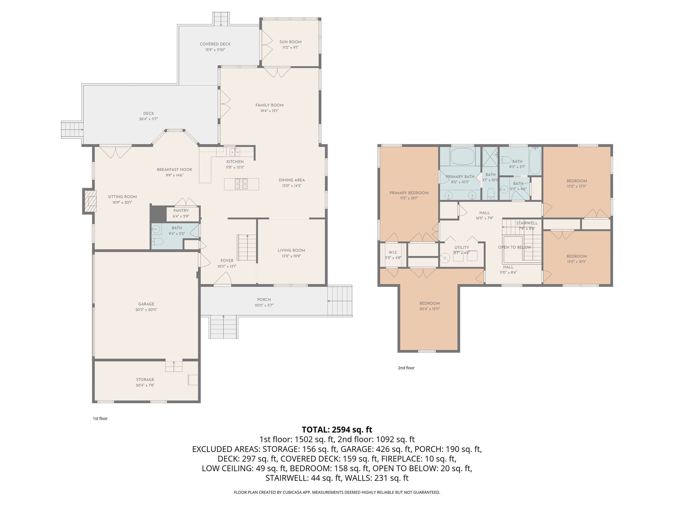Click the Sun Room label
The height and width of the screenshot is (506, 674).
290,42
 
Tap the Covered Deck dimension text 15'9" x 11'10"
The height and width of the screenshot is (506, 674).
215,50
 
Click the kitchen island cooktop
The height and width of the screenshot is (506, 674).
241,184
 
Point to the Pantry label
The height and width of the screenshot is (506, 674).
181,211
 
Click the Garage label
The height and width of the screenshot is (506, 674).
146,304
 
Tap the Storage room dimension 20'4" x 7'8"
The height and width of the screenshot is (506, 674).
145,385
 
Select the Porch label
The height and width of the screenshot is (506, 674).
264,299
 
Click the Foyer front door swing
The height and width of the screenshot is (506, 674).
223,278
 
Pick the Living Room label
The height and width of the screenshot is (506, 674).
291,250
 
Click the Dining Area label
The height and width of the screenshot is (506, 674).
292,180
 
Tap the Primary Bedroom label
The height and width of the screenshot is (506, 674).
409,193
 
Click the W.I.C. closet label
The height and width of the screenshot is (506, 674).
393,252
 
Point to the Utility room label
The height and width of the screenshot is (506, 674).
462,247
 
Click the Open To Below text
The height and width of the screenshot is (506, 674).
515,247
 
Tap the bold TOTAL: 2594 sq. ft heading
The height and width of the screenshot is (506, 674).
337,430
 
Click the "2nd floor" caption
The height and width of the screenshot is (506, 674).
406,368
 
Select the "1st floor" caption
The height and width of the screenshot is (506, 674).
100,419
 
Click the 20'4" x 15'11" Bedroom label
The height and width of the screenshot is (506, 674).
429,303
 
